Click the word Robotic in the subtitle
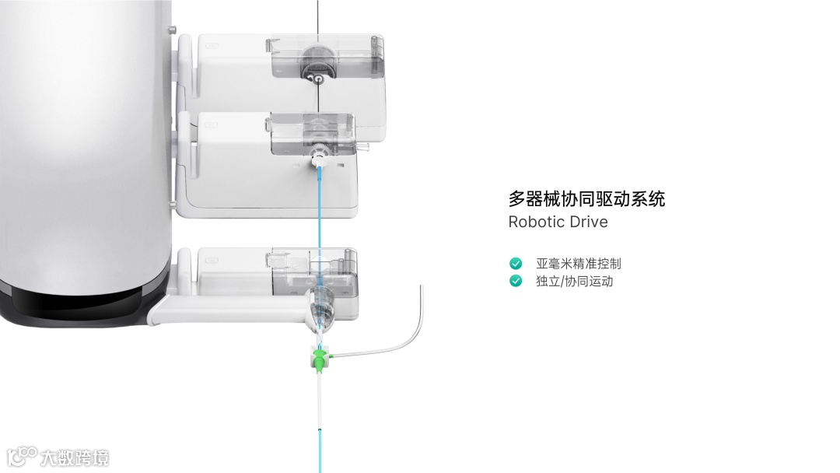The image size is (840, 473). [x=536, y=222]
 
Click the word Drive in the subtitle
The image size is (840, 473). [x=588, y=222]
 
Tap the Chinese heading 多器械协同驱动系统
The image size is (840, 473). [x=586, y=199]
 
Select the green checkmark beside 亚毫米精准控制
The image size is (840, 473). [x=516, y=264]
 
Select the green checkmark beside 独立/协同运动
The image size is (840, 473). [x=516, y=281]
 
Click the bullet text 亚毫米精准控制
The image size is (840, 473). [x=579, y=264]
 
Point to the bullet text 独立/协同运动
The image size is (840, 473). [x=574, y=281]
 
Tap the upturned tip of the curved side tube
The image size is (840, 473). [x=420, y=289]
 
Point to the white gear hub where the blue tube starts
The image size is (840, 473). [x=317, y=159]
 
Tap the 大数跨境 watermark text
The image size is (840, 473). [x=75, y=457]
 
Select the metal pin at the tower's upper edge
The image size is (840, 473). [x=170, y=30]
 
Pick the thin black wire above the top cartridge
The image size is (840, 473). [x=317, y=16]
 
